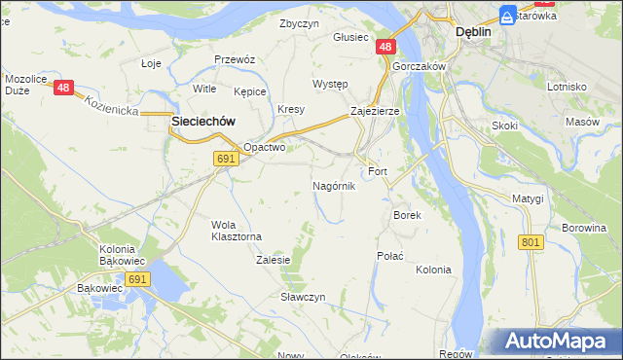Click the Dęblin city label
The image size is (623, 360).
tap(473, 31)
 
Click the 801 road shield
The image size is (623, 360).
tap(531, 241)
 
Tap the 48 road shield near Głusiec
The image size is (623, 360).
tap(386, 47)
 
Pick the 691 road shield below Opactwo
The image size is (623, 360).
tap(226, 160)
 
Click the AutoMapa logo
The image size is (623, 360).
tap(555, 341)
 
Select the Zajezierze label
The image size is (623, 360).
tap(375, 112)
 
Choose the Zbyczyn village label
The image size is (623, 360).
tap(299, 23)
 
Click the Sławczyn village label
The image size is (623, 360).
tap(303, 296)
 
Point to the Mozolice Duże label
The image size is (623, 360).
tap(26, 84)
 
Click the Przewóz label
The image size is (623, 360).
tap(234, 58)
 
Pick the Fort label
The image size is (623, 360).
tap(378, 172)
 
